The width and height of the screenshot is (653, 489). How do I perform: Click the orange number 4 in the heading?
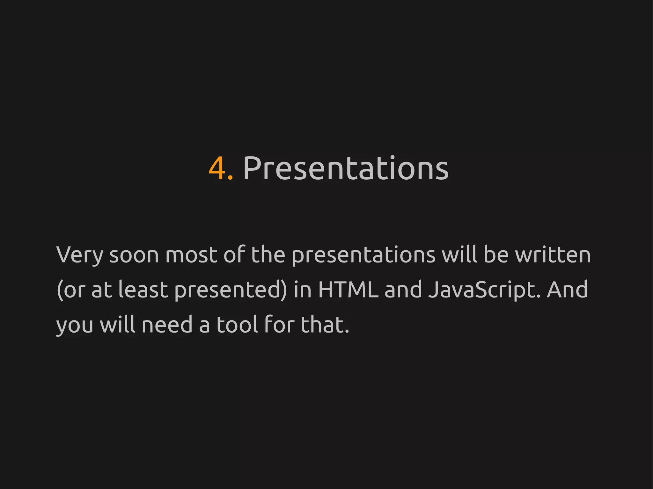(x=218, y=169)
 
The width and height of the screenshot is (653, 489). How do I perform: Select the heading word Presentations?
(x=346, y=169)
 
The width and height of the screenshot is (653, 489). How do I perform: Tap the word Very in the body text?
(x=80, y=255)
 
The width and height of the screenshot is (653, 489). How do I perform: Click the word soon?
(x=134, y=255)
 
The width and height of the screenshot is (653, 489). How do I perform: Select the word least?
(x=143, y=290)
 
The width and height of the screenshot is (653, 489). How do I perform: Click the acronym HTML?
(x=348, y=290)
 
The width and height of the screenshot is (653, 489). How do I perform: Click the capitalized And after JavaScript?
(x=568, y=290)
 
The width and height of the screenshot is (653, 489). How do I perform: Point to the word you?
(x=75, y=325)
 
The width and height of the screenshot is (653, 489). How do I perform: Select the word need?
(x=167, y=325)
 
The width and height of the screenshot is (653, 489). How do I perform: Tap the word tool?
(x=237, y=325)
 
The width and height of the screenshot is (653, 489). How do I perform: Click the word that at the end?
(x=324, y=325)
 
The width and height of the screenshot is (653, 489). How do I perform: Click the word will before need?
(x=118, y=325)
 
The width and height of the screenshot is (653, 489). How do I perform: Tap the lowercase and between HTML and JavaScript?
(x=403, y=290)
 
